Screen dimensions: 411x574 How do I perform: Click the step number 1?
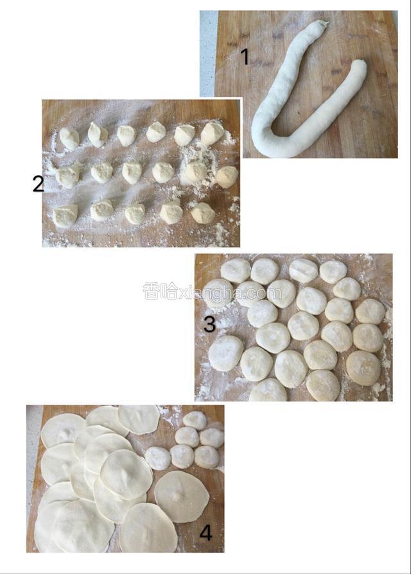(245, 58)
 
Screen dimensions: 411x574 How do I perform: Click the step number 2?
(38, 183)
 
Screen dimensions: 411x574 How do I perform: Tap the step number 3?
(209, 325)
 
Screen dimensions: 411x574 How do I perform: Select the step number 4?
(206, 533)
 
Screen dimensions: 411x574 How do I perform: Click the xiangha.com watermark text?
(212, 292)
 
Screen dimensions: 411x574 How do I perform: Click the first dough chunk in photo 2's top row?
(69, 139)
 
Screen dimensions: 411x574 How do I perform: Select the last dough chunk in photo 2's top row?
(212, 133)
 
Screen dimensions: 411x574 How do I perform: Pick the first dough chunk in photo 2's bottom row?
(66, 215)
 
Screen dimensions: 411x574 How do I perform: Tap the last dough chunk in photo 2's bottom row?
(203, 213)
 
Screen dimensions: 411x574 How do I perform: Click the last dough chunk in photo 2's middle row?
(227, 177)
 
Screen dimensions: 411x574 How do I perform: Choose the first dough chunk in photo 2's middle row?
(68, 175)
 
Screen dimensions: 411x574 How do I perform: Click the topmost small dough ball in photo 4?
(195, 420)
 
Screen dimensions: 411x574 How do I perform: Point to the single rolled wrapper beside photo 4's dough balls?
(182, 496)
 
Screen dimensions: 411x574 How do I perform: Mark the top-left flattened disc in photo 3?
(236, 270)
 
